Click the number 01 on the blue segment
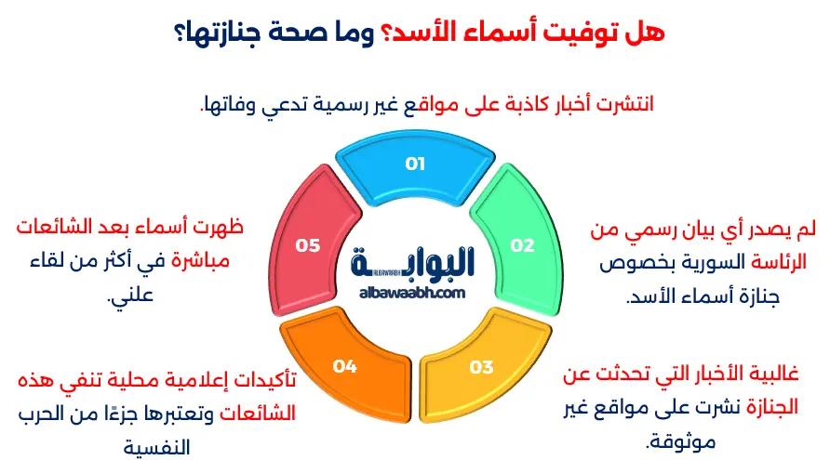click(x=415, y=164)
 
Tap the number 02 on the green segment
click(x=523, y=245)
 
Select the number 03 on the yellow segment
click(x=481, y=366)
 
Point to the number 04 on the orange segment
click(x=345, y=366)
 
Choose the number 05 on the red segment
click(x=308, y=245)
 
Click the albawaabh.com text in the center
click(x=411, y=293)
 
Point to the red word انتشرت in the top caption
click(x=622, y=103)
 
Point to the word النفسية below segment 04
click(x=164, y=447)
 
